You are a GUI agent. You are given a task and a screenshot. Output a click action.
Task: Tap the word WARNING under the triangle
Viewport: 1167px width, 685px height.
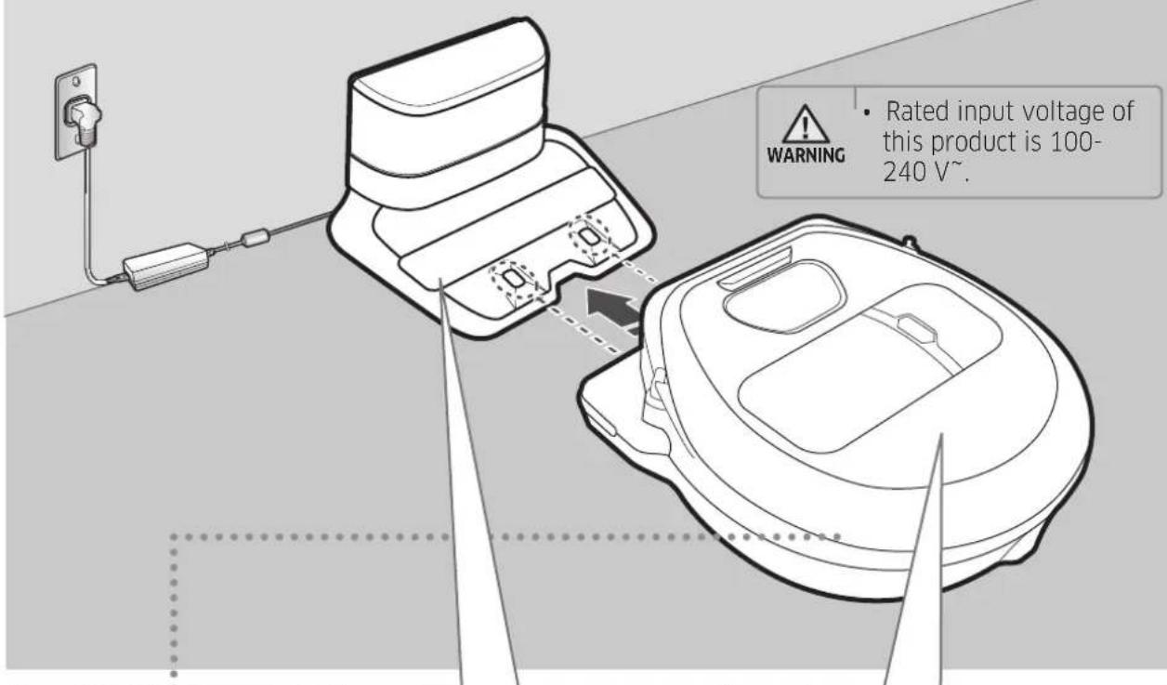[806, 155]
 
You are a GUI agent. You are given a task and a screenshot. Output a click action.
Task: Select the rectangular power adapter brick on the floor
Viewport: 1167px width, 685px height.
[166, 266]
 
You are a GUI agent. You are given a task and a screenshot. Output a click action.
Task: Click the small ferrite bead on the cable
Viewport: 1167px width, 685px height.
[256, 237]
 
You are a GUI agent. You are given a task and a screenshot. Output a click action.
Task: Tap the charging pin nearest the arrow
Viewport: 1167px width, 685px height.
[514, 279]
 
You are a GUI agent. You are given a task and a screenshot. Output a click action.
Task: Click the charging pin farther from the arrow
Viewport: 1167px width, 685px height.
[590, 236]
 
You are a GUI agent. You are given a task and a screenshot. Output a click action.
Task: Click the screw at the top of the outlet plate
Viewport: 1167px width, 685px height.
[76, 82]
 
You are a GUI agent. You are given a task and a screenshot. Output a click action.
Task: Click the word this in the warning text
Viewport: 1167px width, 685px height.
[903, 141]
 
